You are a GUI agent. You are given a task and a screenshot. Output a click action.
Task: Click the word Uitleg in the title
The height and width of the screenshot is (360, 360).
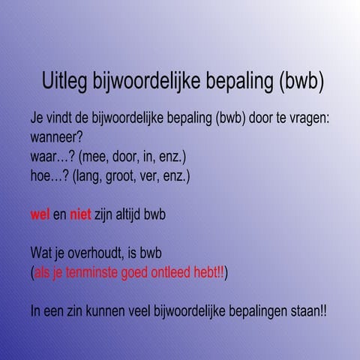point(64,81)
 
